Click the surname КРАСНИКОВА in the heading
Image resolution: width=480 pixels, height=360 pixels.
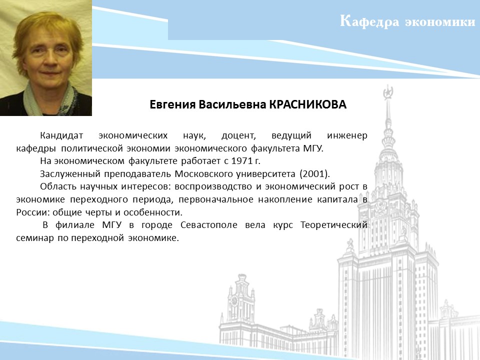click(x=307, y=104)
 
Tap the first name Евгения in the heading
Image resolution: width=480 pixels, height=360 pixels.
click(x=172, y=105)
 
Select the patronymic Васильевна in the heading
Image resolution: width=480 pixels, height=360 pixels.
click(x=232, y=104)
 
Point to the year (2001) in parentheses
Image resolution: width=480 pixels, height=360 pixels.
click(x=314, y=174)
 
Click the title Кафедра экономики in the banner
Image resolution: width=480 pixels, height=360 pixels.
click(x=407, y=21)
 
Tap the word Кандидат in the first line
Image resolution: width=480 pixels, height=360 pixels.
click(x=61, y=135)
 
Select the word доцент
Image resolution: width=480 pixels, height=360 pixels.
click(x=238, y=135)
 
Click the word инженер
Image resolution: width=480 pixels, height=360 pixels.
click(x=347, y=135)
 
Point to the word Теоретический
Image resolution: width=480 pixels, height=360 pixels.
click(x=333, y=225)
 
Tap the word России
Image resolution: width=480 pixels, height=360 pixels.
click(x=33, y=212)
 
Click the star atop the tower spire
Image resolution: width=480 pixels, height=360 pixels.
click(x=388, y=92)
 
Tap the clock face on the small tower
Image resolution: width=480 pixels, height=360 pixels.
click(x=235, y=300)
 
